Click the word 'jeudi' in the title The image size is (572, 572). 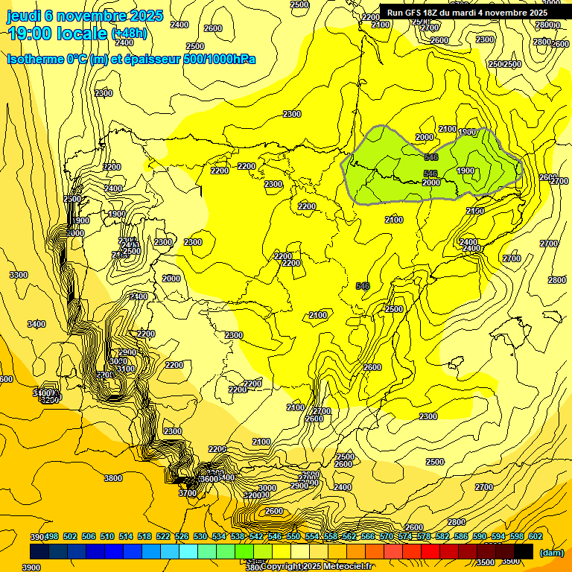[24, 16]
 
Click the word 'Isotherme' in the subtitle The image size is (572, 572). [36, 59]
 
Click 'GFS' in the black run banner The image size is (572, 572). [420, 13]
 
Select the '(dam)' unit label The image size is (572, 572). [550, 553]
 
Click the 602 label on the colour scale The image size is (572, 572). [535, 537]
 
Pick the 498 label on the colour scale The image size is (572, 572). [51, 537]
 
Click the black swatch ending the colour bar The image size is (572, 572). [524, 551]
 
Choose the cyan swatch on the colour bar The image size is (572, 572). [188, 551]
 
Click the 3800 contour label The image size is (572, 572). [112, 478]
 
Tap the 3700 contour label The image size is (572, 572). [188, 492]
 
